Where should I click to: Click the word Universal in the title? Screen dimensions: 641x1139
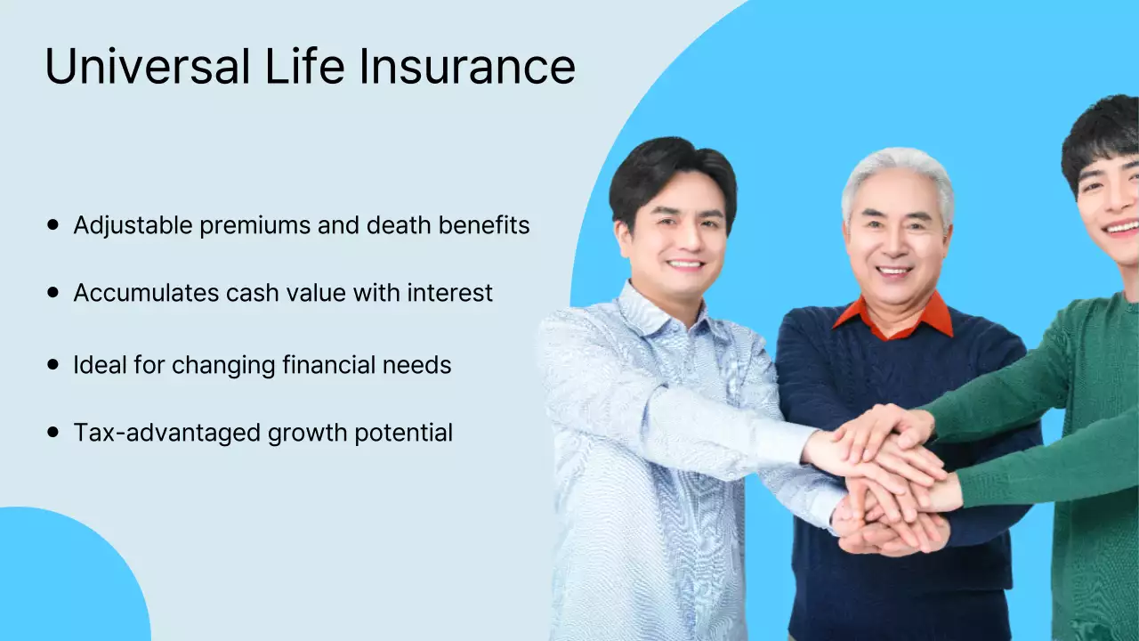148,67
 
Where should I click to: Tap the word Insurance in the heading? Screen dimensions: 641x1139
468,67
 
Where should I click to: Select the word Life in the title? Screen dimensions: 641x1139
303,67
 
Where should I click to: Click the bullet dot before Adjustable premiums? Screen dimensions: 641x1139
53,225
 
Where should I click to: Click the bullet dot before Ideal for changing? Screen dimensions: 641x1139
53,364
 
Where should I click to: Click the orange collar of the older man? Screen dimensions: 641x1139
934,316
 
